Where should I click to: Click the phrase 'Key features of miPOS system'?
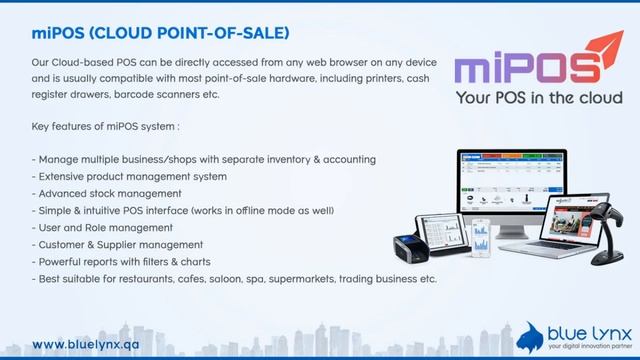[105, 127]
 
